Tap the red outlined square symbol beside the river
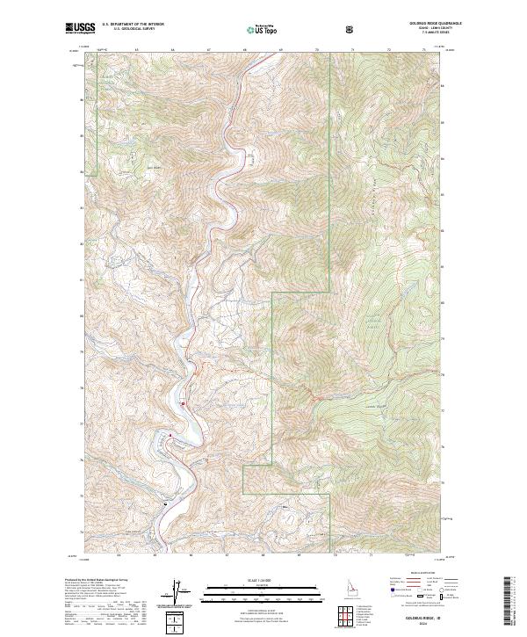point(184,403)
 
